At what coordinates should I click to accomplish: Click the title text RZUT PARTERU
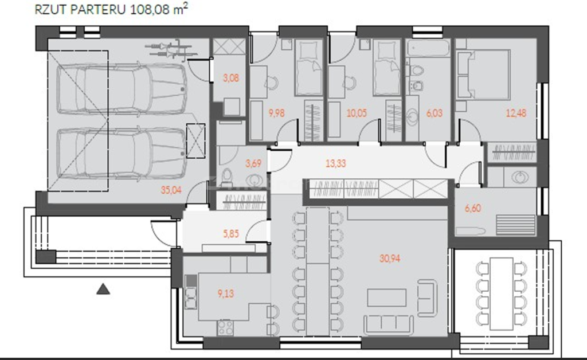(x=80, y=9)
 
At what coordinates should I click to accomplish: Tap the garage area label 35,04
(x=171, y=190)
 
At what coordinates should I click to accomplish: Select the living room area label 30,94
(x=390, y=258)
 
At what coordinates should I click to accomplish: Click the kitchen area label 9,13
(x=226, y=294)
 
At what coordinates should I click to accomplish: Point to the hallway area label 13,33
(x=336, y=163)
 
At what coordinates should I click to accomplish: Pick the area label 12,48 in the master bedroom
(x=516, y=112)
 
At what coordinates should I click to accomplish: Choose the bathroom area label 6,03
(x=435, y=112)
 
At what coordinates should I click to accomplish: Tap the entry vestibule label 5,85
(x=231, y=233)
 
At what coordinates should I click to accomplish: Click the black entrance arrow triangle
(x=103, y=289)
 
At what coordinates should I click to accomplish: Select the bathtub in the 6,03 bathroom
(x=428, y=48)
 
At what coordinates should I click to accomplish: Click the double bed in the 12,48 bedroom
(x=483, y=75)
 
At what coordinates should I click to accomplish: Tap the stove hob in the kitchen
(x=226, y=327)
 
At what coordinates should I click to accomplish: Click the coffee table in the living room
(x=387, y=298)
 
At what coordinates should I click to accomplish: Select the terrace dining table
(x=501, y=294)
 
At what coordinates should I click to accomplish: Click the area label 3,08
(x=231, y=78)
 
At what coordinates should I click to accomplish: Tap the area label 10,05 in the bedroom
(x=357, y=112)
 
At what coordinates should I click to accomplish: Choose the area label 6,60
(x=473, y=208)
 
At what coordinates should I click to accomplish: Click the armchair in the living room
(x=428, y=298)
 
